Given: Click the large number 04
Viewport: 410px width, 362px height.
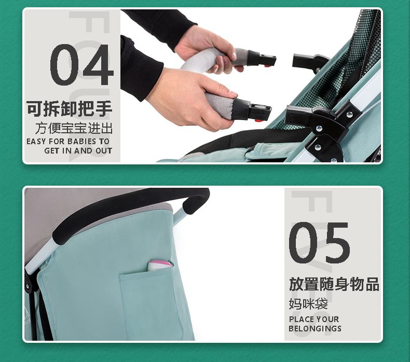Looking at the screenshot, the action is pyautogui.click(x=81, y=64).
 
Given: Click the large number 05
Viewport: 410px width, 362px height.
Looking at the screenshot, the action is pyautogui.click(x=319, y=243).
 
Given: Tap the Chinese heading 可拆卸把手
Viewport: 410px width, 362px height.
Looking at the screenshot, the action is pyautogui.click(x=70, y=108).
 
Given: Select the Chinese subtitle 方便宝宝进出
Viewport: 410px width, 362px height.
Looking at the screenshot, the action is pyautogui.click(x=74, y=128).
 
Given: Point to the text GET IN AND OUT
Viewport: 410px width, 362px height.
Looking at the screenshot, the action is pyautogui.click(x=78, y=151).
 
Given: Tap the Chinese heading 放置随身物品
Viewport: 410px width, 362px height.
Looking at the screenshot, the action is pyautogui.click(x=334, y=284).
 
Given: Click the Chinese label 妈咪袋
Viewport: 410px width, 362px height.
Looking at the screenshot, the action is pyautogui.click(x=308, y=304).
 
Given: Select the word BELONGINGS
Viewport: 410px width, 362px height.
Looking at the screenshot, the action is pyautogui.click(x=315, y=328).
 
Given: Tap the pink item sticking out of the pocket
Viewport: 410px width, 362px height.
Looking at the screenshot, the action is pyautogui.click(x=160, y=266).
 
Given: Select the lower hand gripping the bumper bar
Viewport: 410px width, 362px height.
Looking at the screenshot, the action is pyautogui.click(x=194, y=100).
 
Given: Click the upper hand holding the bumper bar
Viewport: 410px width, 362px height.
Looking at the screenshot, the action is pyautogui.click(x=207, y=48).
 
